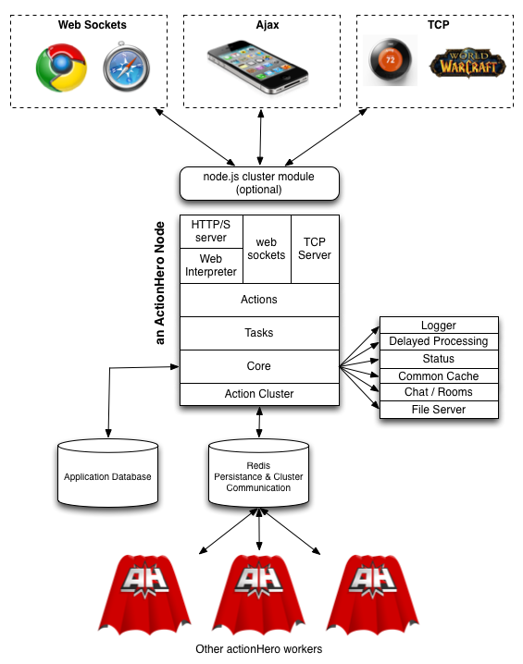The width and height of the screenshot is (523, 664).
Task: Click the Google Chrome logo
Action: click(61, 68)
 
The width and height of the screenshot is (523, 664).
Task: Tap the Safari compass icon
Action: click(126, 67)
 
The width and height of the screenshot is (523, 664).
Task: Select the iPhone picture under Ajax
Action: click(257, 67)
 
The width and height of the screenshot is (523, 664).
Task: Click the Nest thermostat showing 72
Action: click(390, 60)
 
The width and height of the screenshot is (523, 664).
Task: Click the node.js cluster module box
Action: click(259, 183)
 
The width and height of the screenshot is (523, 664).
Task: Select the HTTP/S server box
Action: click(211, 231)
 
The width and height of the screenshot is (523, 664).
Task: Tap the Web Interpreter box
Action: click(211, 265)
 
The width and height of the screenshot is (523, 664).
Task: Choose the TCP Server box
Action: click(315, 249)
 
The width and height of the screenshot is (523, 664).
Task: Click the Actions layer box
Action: click(259, 300)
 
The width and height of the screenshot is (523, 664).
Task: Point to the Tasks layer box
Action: click(259, 333)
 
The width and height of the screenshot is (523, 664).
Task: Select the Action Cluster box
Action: click(259, 394)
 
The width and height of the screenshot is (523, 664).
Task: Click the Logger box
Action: click(439, 326)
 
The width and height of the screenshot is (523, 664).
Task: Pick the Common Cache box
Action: click(439, 376)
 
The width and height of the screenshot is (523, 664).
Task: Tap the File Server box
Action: click(439, 410)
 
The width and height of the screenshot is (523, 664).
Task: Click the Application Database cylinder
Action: click(107, 473)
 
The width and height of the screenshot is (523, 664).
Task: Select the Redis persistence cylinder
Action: click(258, 473)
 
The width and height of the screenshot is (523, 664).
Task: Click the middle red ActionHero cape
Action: click(258, 594)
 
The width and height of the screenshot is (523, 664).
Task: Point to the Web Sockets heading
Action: click(93, 25)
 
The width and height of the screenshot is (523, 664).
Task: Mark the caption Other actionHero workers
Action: click(258, 649)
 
